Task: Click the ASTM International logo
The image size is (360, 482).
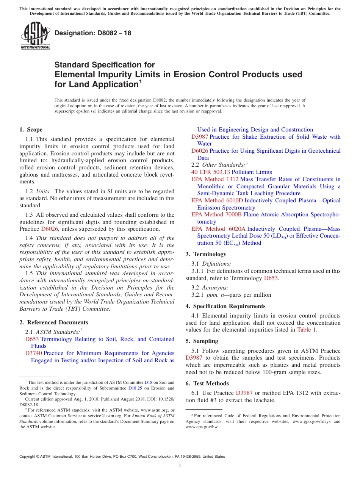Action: point(35,36)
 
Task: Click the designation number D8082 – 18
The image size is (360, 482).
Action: point(93,33)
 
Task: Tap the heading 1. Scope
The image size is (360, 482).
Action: point(31,130)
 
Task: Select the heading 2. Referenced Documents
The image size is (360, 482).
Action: point(54,322)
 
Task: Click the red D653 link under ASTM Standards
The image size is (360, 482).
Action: point(32,339)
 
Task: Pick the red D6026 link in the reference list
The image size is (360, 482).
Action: point(200,151)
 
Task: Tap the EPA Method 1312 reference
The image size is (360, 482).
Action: point(215,179)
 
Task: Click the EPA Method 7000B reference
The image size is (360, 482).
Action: point(216,214)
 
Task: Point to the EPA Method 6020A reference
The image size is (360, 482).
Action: point(218,229)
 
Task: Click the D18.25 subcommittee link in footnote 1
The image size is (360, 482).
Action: point(134,388)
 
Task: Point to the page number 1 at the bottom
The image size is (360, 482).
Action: point(180,466)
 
